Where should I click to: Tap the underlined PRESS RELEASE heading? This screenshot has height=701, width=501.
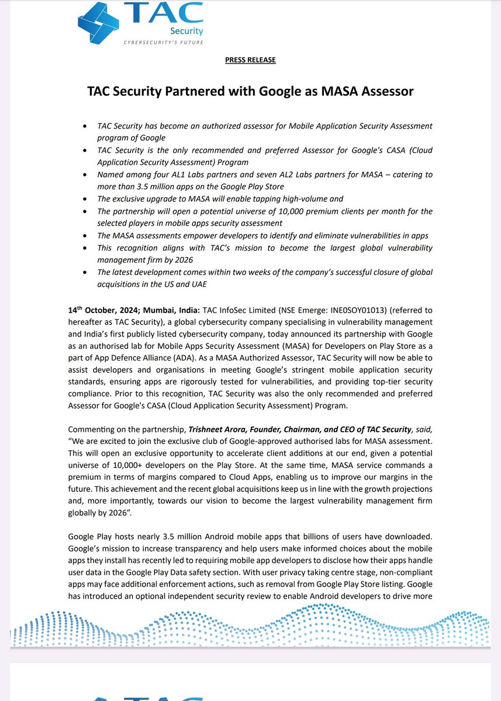[250, 60]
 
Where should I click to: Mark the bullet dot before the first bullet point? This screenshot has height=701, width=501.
[86, 126]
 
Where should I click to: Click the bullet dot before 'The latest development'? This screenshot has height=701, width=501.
[86, 273]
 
